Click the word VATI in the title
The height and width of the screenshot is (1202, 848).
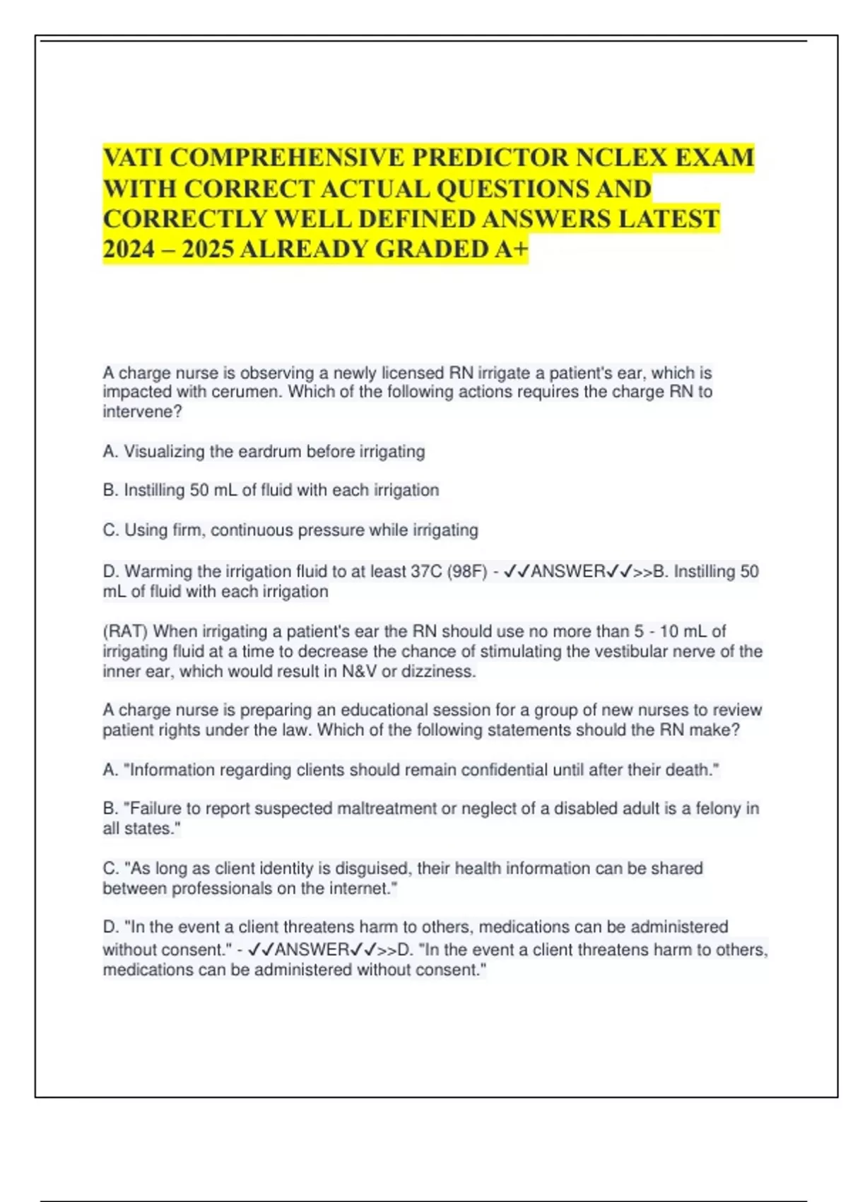(133, 157)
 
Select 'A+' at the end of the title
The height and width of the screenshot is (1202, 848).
(510, 249)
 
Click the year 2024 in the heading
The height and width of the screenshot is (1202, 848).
(128, 249)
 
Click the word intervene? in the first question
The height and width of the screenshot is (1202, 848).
(142, 412)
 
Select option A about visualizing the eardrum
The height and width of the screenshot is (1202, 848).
(264, 451)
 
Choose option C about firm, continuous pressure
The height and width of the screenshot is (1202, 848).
(290, 530)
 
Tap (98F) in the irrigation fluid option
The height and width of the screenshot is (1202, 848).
(466, 571)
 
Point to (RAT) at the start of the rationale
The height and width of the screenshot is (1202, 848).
(125, 631)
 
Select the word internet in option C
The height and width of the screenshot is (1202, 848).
(359, 888)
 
